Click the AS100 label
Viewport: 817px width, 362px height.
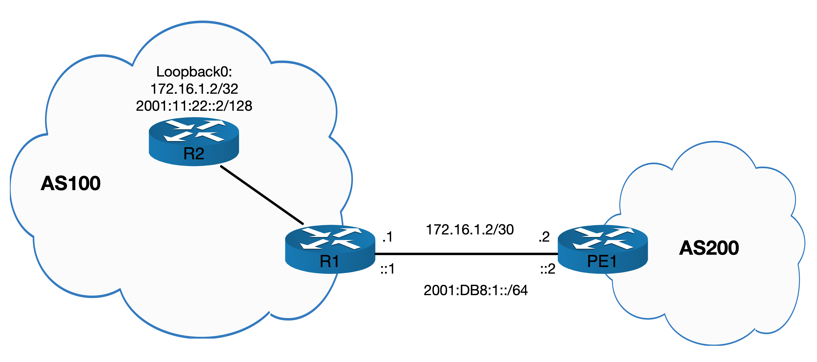(71, 183)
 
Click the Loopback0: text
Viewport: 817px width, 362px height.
(194, 72)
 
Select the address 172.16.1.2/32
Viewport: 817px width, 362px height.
(194, 89)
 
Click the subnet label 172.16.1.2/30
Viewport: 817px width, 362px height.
(470, 229)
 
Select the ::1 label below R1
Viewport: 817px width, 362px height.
(388, 269)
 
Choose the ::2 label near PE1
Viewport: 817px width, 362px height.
(548, 269)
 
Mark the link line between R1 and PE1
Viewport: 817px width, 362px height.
(466, 254)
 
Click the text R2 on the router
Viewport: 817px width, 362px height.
(194, 154)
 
